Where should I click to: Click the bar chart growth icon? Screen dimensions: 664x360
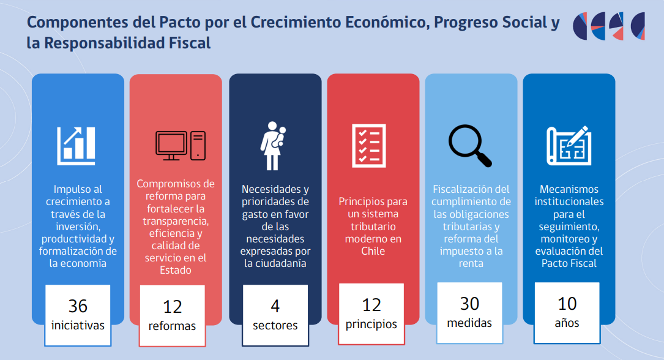coord(76,146)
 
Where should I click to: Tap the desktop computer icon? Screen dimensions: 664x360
coord(181,146)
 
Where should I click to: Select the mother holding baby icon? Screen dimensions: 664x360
coord(273,146)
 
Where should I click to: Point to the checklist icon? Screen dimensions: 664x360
coord(369,146)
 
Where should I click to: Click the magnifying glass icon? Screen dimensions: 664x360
coord(470,146)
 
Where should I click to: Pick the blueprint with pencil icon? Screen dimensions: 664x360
coord(569,146)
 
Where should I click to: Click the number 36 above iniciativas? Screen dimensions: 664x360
coord(78,306)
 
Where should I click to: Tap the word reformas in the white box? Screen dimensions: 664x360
coord(173,326)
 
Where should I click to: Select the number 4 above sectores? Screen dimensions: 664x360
coord(275,306)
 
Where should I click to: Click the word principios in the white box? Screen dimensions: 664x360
coord(371,324)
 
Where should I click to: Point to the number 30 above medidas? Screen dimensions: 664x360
coord(469,304)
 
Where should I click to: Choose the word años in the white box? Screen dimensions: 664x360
coord(567,323)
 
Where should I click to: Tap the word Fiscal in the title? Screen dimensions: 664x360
coord(190,43)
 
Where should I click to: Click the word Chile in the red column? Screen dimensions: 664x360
coord(373,251)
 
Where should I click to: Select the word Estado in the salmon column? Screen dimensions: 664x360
coord(175,270)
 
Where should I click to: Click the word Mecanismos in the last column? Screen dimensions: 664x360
coord(569,189)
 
